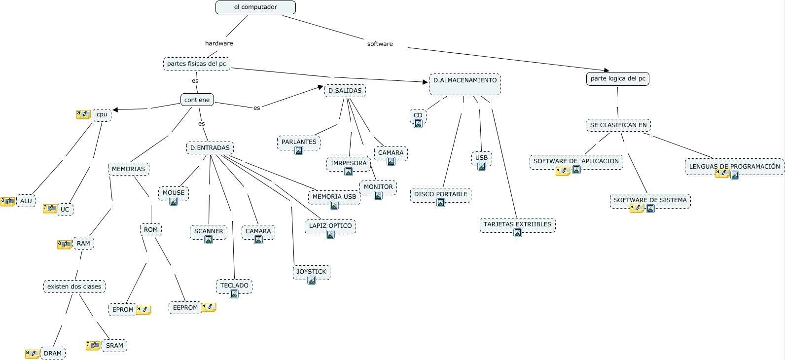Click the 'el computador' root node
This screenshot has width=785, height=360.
pos(255,7)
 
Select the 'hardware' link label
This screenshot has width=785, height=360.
pos(219,43)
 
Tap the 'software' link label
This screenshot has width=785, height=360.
pos(380,44)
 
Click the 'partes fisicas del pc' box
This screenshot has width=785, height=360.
pos(196,64)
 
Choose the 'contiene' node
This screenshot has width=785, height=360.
pos(197,100)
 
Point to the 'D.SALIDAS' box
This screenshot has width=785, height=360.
pos(345,91)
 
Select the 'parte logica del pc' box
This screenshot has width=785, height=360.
pos(617,78)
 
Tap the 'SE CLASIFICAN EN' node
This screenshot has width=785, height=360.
pos(618,125)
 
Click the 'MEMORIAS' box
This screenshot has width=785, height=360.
pos(128,169)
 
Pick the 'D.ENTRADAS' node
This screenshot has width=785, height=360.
pos(210,148)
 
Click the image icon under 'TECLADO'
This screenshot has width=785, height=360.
pos(234,294)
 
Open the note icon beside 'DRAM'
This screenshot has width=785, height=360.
pos(33,354)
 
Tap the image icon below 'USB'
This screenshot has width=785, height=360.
pos(482,166)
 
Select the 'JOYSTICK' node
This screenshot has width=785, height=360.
pos(311,272)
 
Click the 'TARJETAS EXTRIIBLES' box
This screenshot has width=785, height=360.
pos(517,224)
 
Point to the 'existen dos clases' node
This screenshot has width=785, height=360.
pos(74,287)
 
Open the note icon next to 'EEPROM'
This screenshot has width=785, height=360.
pos(209,307)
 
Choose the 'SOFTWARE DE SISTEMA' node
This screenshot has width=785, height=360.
pos(650,200)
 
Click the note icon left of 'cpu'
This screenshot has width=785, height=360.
pos(83,114)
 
